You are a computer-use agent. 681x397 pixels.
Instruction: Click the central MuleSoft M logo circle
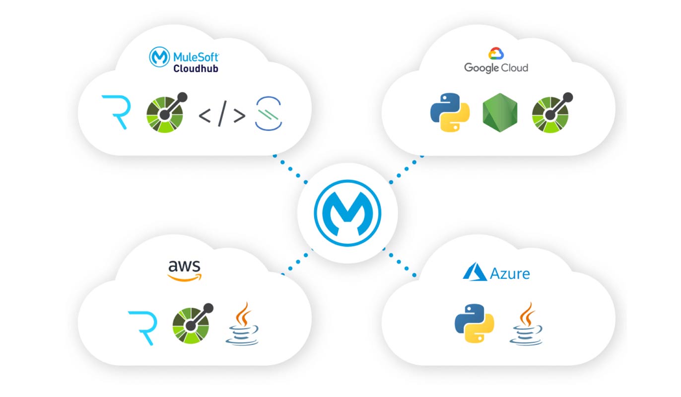coord(347,213)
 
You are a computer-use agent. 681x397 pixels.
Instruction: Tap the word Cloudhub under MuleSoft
coord(196,68)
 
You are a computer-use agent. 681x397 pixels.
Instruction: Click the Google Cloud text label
coord(496,67)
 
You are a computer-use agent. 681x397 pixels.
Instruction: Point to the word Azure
coord(510,273)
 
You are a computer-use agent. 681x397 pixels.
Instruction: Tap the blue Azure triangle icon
coord(475,272)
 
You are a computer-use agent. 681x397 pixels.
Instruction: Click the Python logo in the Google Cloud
coord(450,112)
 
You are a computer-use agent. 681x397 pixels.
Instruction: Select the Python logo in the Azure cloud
coord(475,323)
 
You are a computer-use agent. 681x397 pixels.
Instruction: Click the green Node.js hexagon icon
coord(500,113)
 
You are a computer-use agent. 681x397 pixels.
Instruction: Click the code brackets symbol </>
coord(222,115)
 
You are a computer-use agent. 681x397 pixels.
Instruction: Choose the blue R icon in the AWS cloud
coord(142,328)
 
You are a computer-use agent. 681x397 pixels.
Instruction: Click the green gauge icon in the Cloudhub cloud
coord(165,113)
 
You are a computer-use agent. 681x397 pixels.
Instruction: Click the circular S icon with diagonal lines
coord(269,114)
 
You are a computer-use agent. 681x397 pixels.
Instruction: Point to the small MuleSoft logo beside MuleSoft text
coord(159,57)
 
